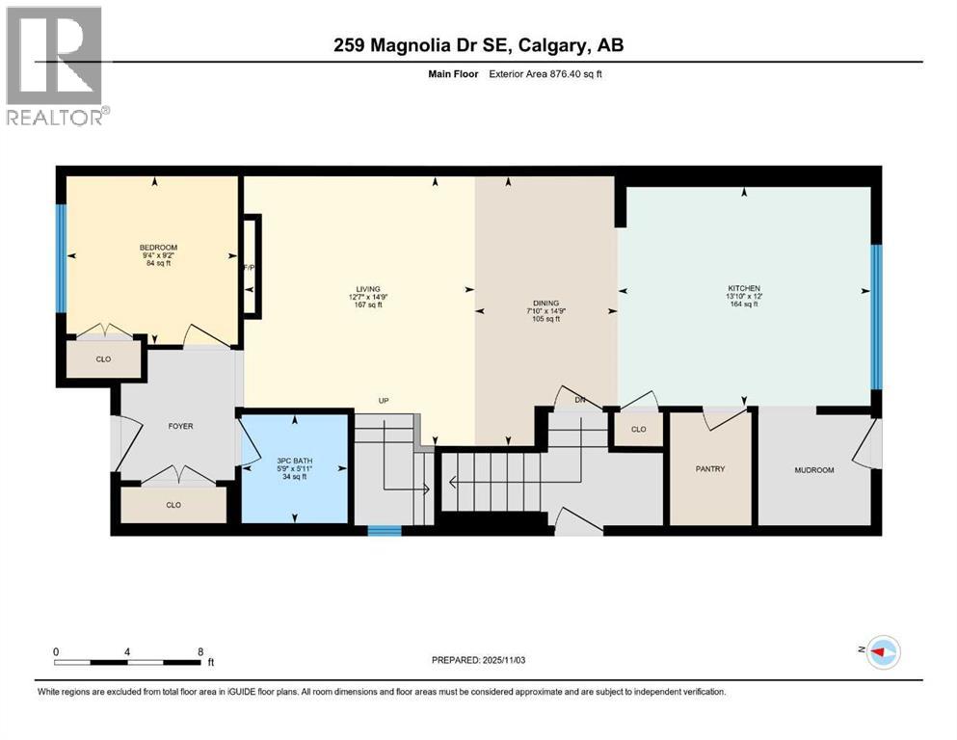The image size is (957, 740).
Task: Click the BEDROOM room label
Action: tap(158, 248)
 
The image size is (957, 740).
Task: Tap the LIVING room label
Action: tap(368, 288)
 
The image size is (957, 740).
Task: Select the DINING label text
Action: tap(545, 303)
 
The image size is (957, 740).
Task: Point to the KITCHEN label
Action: tap(744, 288)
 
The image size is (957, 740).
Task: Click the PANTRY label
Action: tap(709, 469)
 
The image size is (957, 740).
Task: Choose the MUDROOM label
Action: tap(813, 470)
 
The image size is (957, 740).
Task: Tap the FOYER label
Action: tap(180, 426)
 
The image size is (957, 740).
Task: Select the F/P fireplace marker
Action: tap(248, 267)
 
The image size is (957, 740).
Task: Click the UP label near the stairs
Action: tap(383, 400)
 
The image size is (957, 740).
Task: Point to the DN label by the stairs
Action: tap(580, 399)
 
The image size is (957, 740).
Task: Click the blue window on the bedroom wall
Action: tap(62, 258)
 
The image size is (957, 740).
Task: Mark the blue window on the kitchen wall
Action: tap(876, 316)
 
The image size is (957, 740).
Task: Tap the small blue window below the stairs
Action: tap(385, 529)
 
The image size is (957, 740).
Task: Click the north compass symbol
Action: tap(882, 652)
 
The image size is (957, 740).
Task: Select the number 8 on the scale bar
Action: tap(199, 650)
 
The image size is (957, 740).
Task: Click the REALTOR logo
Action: tap(57, 66)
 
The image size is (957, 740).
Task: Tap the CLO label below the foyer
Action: tap(173, 504)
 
